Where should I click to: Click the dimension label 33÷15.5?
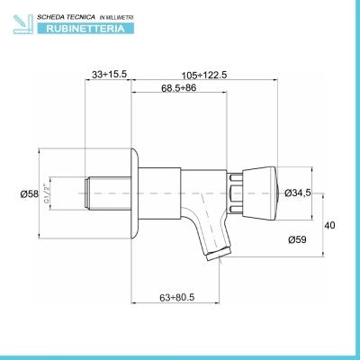pos(110,74)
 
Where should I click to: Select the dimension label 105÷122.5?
pos(204,75)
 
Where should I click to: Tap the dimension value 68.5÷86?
pos(178,88)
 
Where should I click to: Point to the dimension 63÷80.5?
pos(177,297)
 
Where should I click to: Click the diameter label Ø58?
pos(30,194)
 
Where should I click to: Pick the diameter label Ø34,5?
pos(298,193)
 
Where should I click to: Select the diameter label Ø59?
pos(297,239)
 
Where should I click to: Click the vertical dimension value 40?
pos(329,225)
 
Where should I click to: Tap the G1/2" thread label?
pos(47,193)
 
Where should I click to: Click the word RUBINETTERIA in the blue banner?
pos(85,29)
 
